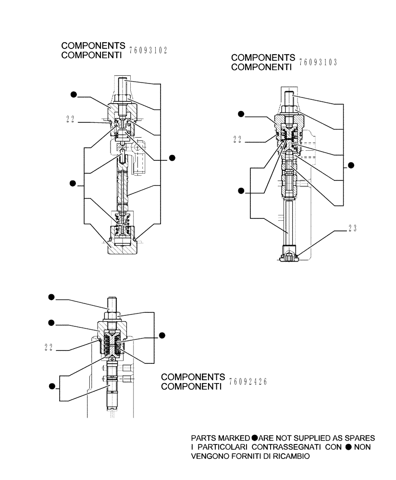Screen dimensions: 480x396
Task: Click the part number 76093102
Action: click(x=148, y=50)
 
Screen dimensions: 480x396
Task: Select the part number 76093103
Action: click(x=318, y=62)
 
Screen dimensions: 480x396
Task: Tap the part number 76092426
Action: click(x=248, y=382)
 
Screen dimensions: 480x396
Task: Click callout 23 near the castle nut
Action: click(x=353, y=228)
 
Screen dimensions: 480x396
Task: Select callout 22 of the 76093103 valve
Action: click(x=236, y=141)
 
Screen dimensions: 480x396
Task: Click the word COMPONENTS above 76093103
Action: click(x=263, y=58)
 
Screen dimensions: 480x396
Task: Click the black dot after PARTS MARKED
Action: click(x=255, y=438)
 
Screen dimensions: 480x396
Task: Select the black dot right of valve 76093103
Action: click(x=351, y=166)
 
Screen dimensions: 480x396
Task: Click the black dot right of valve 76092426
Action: click(x=162, y=335)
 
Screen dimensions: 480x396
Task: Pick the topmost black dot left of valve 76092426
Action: click(x=51, y=298)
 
